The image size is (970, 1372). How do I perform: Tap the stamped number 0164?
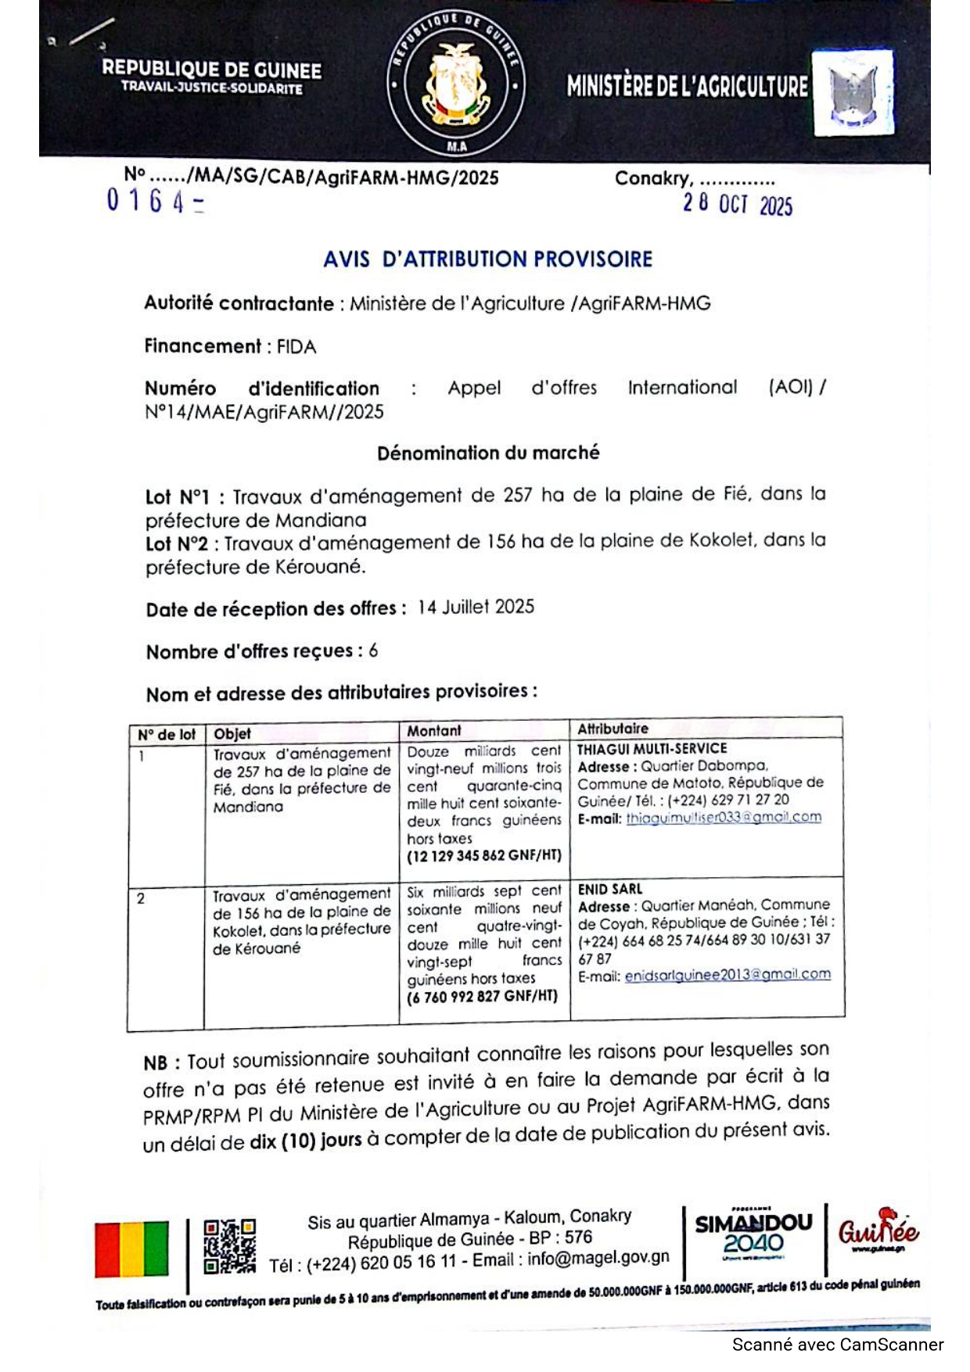[155, 202]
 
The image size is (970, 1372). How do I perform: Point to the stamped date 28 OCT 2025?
[737, 204]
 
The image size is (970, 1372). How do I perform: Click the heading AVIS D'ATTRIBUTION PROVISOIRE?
[487, 259]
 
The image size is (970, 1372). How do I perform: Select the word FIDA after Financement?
[296, 346]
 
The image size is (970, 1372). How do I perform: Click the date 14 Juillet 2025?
[476, 607]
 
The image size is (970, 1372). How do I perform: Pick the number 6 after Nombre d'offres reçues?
[373, 650]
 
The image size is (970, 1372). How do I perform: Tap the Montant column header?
[434, 730]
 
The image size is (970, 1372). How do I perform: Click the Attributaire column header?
[613, 729]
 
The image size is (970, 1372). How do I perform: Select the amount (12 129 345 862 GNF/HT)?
[483, 855]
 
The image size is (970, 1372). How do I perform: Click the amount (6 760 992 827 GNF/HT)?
[482, 997]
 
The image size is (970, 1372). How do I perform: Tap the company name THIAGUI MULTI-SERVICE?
[652, 748]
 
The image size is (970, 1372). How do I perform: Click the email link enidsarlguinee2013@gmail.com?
[727, 975]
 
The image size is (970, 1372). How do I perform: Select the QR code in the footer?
[229, 1246]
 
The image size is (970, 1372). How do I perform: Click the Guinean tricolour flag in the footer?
[131, 1248]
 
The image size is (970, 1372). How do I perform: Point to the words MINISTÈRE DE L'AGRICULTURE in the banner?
[687, 86]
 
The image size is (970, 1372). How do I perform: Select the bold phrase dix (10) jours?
[305, 1141]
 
